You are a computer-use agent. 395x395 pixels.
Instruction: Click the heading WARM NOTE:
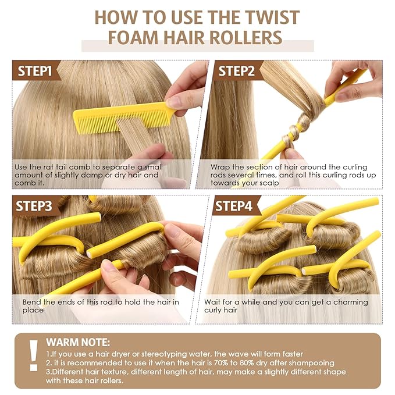pos(77,341)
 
